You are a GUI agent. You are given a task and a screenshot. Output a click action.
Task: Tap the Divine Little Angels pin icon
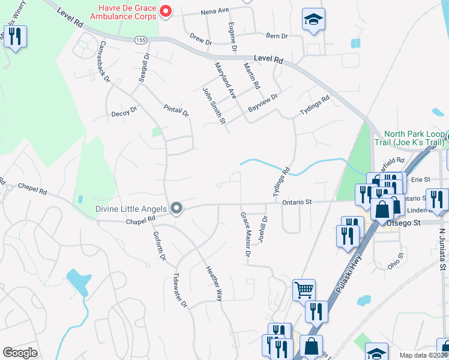pos(176,209)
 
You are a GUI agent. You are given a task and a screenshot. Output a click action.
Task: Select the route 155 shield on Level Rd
pos(140,40)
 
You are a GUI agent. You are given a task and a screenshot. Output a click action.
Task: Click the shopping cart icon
pos(304,290)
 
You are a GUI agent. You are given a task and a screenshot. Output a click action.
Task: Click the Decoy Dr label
pos(124,112)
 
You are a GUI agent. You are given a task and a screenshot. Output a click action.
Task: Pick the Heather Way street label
pos(214,284)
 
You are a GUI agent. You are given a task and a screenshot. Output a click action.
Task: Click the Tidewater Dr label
pos(180,292)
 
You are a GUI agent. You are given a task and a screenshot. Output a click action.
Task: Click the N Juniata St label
pos(443,248)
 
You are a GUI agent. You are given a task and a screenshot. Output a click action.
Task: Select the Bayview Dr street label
pos(263,103)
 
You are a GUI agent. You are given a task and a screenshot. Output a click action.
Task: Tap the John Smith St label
pos(213,106)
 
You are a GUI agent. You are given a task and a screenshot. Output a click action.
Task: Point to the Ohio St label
pos(395,263)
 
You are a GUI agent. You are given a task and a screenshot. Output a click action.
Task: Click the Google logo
pos(20,353)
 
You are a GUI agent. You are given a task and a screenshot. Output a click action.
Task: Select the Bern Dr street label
pos(277,36)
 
